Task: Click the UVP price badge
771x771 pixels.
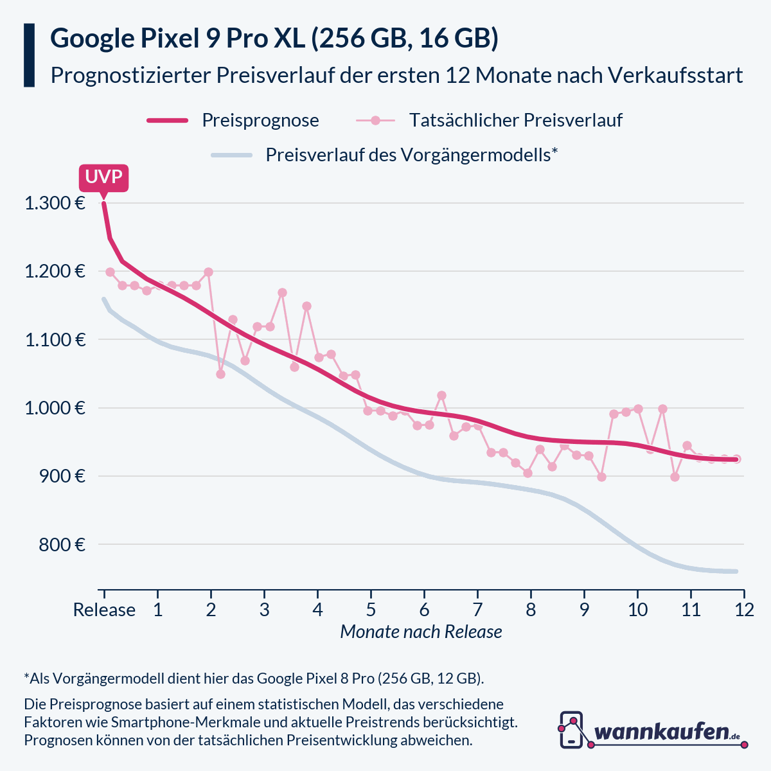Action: [x=103, y=177]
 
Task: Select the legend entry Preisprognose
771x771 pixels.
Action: [x=260, y=120]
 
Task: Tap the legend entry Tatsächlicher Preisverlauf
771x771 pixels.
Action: [x=515, y=120]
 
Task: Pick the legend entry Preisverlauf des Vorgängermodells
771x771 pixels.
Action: [x=411, y=155]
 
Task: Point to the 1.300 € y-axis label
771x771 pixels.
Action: [x=55, y=204]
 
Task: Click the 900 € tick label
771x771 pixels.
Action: [x=62, y=476]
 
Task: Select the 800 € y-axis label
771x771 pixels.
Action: [x=62, y=545]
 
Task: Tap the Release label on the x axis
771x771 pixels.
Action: [x=104, y=609]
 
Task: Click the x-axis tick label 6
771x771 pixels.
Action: [x=424, y=609]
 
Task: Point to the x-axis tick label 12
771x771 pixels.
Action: [x=744, y=609]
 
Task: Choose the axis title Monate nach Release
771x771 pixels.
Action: [x=421, y=632]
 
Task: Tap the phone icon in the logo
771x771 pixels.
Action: [x=571, y=730]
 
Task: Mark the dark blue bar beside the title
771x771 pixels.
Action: [x=29, y=55]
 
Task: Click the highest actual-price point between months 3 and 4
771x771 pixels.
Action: [x=282, y=293]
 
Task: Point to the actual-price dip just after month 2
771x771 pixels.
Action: [x=220, y=374]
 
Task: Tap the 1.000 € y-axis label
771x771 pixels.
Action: [x=55, y=408]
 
